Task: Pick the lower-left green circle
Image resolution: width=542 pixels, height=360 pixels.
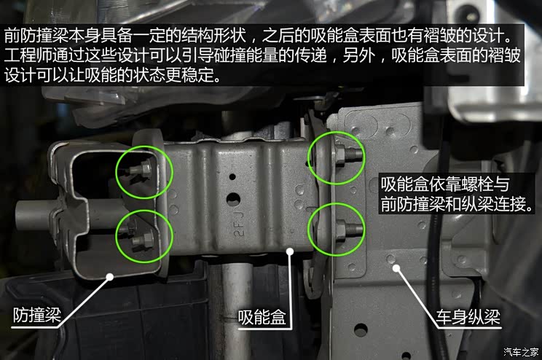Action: (144, 235)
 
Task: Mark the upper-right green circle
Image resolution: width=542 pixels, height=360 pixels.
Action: (334, 157)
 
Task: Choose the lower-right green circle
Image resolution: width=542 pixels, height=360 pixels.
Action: (334, 226)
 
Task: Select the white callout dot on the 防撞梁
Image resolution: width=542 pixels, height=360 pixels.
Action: (109, 275)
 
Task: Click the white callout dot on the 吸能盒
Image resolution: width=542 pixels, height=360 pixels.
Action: (290, 252)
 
